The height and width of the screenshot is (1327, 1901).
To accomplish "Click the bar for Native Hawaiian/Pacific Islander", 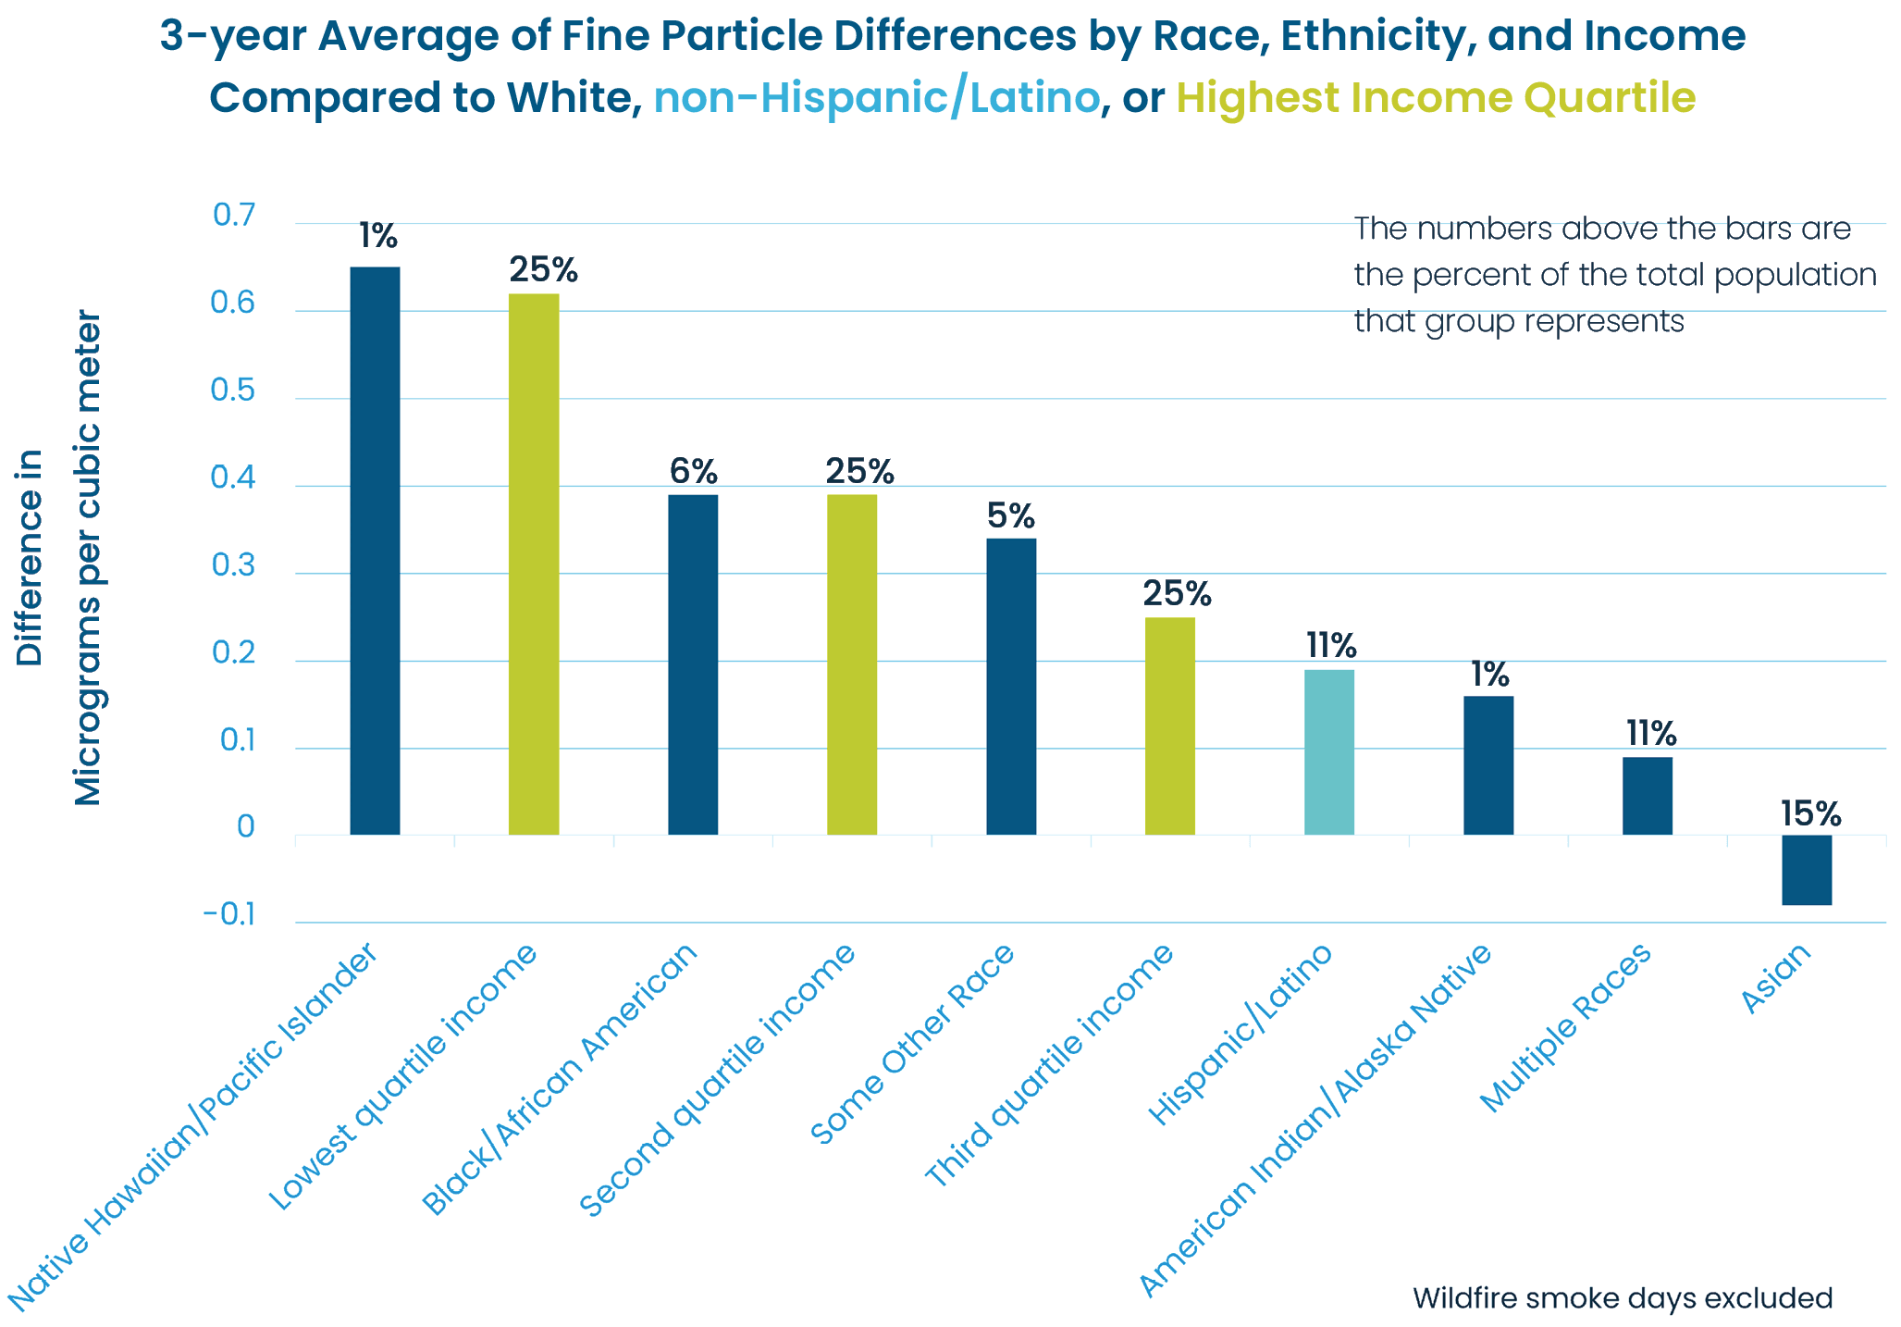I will pos(375,551).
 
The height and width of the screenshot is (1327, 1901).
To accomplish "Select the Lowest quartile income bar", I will pos(534,564).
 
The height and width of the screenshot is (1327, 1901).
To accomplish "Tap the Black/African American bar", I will pos(693,664).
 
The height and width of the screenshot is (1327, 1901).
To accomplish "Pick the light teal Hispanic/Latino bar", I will pos(1329,751).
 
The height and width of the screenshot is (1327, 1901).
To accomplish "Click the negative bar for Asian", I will pos(1807,870).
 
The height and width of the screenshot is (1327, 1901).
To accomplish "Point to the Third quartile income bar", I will pos(1170,726).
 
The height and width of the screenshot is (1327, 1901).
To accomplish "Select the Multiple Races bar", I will pos(1648,796).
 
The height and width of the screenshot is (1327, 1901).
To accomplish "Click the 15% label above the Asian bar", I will pos(1810,814).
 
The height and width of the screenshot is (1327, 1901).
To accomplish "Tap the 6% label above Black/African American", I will pos(693,472).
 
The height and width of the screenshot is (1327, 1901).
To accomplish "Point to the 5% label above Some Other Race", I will pos(1010,515).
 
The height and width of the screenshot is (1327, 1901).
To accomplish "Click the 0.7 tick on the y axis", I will pos(234,216).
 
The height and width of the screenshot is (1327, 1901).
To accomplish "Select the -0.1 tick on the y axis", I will pos(229,915).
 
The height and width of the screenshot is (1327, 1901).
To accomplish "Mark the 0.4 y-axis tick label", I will pos(233,478).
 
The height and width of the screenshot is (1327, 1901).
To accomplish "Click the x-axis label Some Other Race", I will pos(913,1043).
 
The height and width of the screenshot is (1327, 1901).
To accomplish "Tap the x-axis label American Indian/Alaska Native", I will pos(1315,1121).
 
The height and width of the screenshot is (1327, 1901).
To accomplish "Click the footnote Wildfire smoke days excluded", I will pos(1623,1298).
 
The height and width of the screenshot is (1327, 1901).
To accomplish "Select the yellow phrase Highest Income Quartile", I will pos(1436,98).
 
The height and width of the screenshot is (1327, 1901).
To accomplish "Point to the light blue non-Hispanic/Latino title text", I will pos(877,98).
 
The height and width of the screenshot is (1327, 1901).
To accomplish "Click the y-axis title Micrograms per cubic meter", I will pos(87,558).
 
